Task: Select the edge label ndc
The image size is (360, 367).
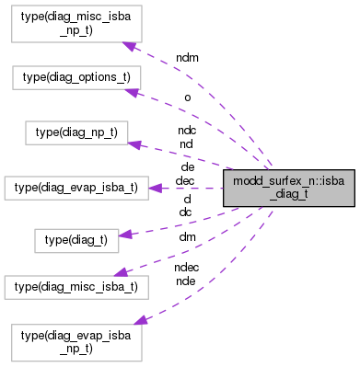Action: pyautogui.click(x=187, y=130)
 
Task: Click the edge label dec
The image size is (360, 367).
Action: pyautogui.click(x=184, y=180)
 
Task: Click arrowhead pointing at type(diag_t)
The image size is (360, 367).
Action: pyautogui.click(x=124, y=235)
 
